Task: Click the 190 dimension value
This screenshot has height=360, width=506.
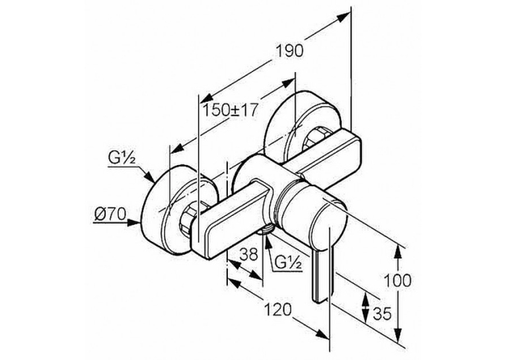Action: (x=290, y=51)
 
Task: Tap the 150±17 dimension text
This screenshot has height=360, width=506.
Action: (x=230, y=110)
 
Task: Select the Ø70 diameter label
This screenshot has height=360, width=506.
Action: (x=110, y=214)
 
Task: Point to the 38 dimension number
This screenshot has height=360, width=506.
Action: (x=249, y=254)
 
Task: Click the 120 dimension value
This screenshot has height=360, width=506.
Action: (x=278, y=310)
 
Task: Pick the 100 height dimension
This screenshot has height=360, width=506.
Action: (x=397, y=280)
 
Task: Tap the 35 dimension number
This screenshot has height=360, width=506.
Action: (x=382, y=313)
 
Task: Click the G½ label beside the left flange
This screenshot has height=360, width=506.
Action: (x=122, y=159)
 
